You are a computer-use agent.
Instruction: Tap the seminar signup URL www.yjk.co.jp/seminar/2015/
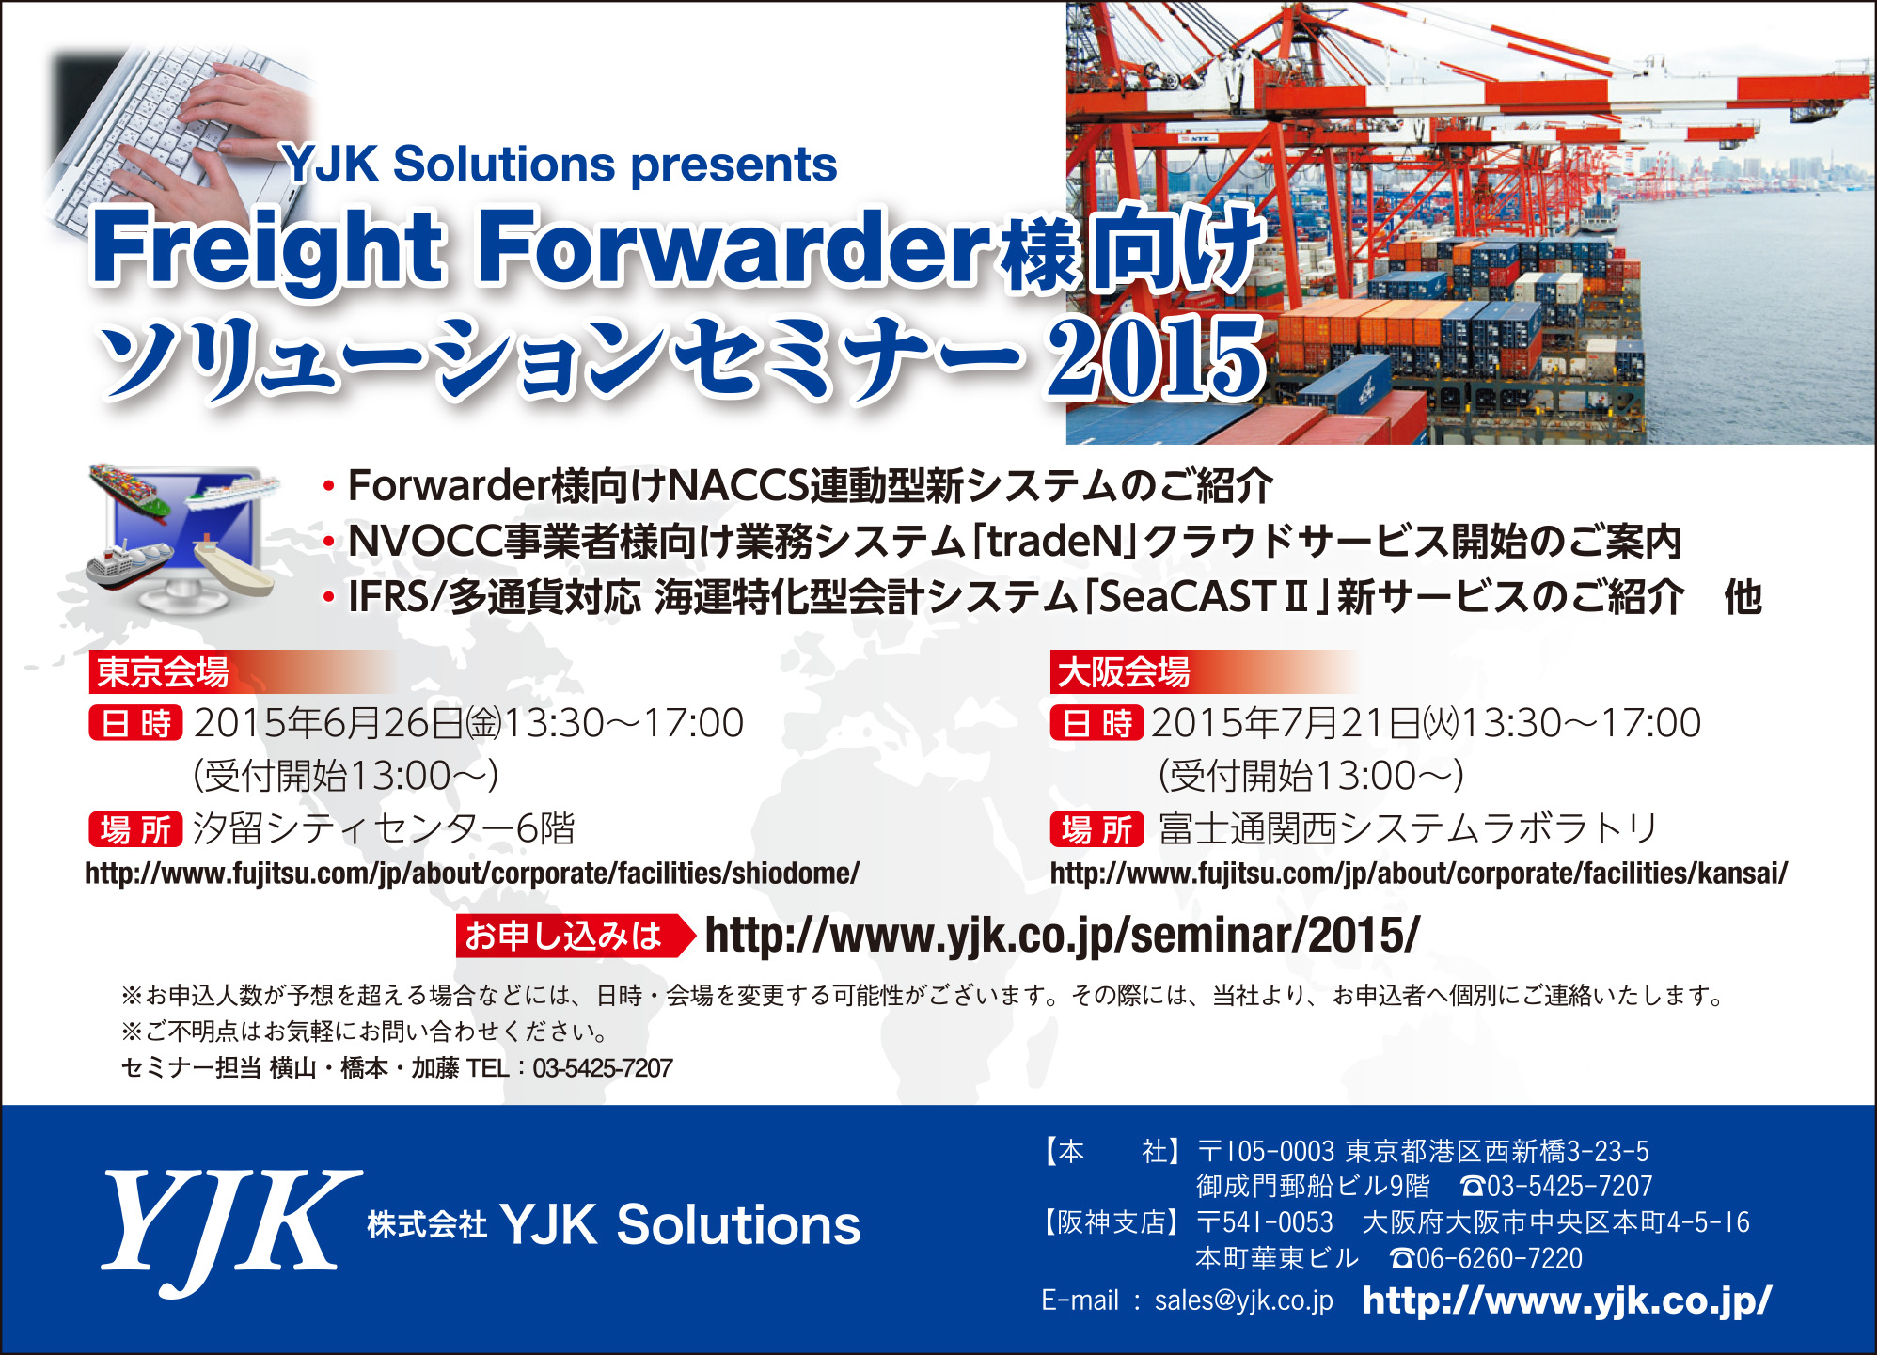(1062, 936)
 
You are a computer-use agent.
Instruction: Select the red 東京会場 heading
(163, 672)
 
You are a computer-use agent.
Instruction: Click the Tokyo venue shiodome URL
(472, 874)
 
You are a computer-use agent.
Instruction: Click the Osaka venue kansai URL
(1419, 874)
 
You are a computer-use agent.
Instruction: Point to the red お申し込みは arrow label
(575, 936)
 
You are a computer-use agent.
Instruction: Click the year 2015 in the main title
(1156, 358)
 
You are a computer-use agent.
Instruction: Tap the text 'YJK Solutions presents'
(560, 165)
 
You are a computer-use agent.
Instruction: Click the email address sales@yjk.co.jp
(1243, 1300)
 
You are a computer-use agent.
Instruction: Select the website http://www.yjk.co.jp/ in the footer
(1567, 1300)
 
